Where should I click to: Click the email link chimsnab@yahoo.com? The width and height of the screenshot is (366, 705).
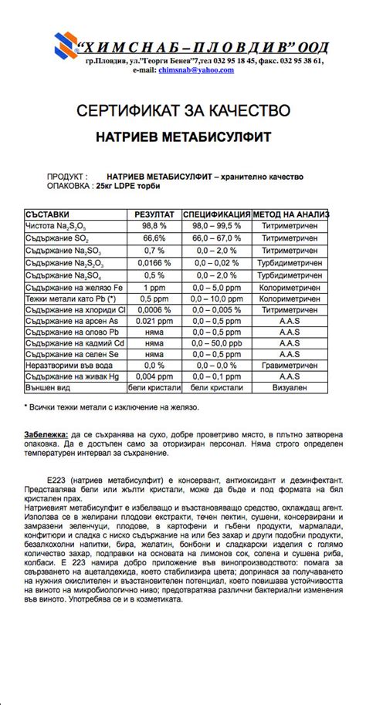(195, 70)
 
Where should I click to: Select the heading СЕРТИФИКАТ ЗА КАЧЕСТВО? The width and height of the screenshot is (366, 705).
(183, 111)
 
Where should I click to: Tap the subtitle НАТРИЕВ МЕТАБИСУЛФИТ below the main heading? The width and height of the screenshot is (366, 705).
(183, 137)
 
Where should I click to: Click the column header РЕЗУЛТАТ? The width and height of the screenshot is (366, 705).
(154, 214)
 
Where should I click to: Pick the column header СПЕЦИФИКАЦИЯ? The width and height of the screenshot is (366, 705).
(217, 214)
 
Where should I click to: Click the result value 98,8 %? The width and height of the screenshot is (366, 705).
(154, 226)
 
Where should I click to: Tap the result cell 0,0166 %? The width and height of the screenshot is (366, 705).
(154, 263)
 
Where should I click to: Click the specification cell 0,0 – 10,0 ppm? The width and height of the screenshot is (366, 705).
(217, 299)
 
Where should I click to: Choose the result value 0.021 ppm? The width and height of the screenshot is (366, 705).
(154, 320)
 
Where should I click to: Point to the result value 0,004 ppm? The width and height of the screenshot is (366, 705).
(154, 376)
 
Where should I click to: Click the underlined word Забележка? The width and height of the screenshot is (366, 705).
(46, 435)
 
